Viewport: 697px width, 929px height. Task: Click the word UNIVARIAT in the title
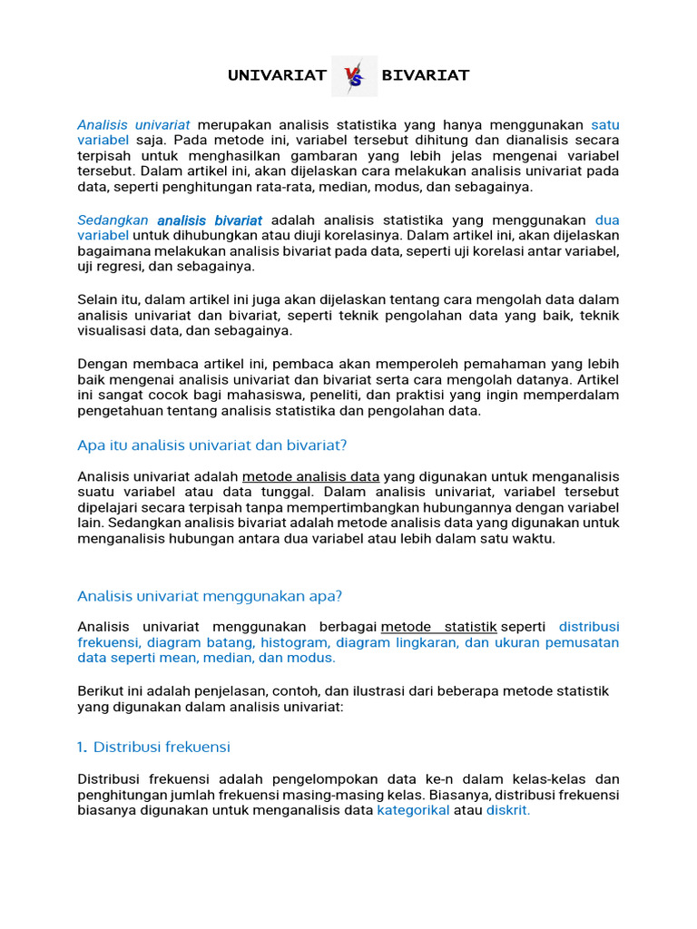pos(277,75)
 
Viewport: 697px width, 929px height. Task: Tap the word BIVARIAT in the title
pos(426,75)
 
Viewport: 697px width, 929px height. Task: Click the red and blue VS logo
pos(354,77)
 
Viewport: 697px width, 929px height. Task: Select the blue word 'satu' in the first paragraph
pos(605,124)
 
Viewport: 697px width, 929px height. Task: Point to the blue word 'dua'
pos(607,220)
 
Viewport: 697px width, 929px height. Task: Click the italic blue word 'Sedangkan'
pos(113,220)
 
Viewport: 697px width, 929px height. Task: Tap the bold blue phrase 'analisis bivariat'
pos(210,220)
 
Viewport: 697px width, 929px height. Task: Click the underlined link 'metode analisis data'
pos(310,476)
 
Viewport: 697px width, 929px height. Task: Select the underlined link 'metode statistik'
pos(438,627)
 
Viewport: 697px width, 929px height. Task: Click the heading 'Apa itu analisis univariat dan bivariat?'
pos(212,445)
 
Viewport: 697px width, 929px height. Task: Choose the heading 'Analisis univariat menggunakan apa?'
pos(210,596)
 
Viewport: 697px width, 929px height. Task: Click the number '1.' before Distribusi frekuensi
pos(83,748)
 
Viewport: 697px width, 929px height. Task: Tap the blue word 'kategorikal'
pos(413,810)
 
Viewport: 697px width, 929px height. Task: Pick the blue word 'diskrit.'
pos(508,810)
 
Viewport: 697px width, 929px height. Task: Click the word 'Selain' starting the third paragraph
pos(97,299)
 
